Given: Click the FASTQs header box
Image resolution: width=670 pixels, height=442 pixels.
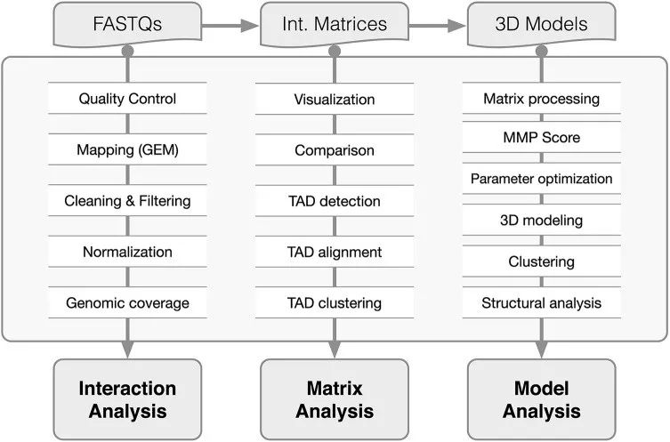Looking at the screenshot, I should tap(127, 24).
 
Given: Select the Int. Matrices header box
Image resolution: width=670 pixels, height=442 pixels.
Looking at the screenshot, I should tap(335, 24).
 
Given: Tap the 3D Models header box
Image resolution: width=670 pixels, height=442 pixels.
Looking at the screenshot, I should tap(541, 24).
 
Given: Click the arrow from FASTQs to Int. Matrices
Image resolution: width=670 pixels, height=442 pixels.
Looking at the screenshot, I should tap(230, 25).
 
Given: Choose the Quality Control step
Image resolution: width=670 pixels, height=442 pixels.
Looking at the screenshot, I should tap(127, 99).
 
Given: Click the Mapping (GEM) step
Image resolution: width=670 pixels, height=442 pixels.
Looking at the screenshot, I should tap(127, 150).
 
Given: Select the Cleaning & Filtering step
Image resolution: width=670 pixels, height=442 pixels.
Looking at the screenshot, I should tap(127, 201).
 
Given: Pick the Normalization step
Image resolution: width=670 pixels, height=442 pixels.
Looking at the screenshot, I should tap(127, 252).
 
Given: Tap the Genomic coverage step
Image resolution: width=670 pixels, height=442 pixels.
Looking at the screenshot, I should tap(127, 303).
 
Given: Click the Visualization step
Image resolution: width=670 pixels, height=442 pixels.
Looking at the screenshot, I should tap(335, 99).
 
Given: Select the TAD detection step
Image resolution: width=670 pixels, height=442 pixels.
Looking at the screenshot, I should tap(335, 201).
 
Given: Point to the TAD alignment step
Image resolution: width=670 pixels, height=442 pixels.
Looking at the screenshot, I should tap(335, 252).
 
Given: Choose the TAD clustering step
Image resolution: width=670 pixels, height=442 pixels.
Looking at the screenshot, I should tap(335, 303).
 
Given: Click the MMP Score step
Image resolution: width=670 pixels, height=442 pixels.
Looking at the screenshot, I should tap(541, 139).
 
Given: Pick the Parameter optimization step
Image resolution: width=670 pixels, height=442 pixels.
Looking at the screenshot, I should tap(541, 179).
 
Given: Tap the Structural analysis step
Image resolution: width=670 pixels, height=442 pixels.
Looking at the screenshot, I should tap(541, 303).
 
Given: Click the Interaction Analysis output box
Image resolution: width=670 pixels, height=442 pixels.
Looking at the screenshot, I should tap(127, 399).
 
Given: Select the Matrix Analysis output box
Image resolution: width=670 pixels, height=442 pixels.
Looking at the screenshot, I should tap(335, 399).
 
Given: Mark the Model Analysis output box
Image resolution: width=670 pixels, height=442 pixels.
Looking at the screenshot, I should tap(541, 399).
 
